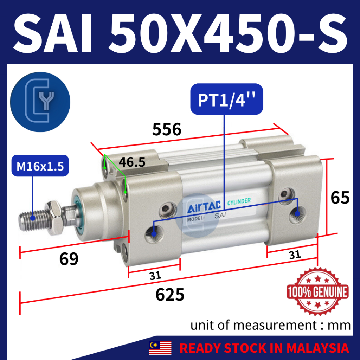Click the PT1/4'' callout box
(x=227, y=99)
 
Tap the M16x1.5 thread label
(x=40, y=166)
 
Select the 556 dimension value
(x=167, y=129)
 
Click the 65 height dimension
(x=340, y=198)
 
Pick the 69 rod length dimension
(x=69, y=259)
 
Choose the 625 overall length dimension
(x=170, y=295)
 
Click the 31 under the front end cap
(x=155, y=276)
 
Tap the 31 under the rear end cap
(x=295, y=255)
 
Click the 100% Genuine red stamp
(x=317, y=291)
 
